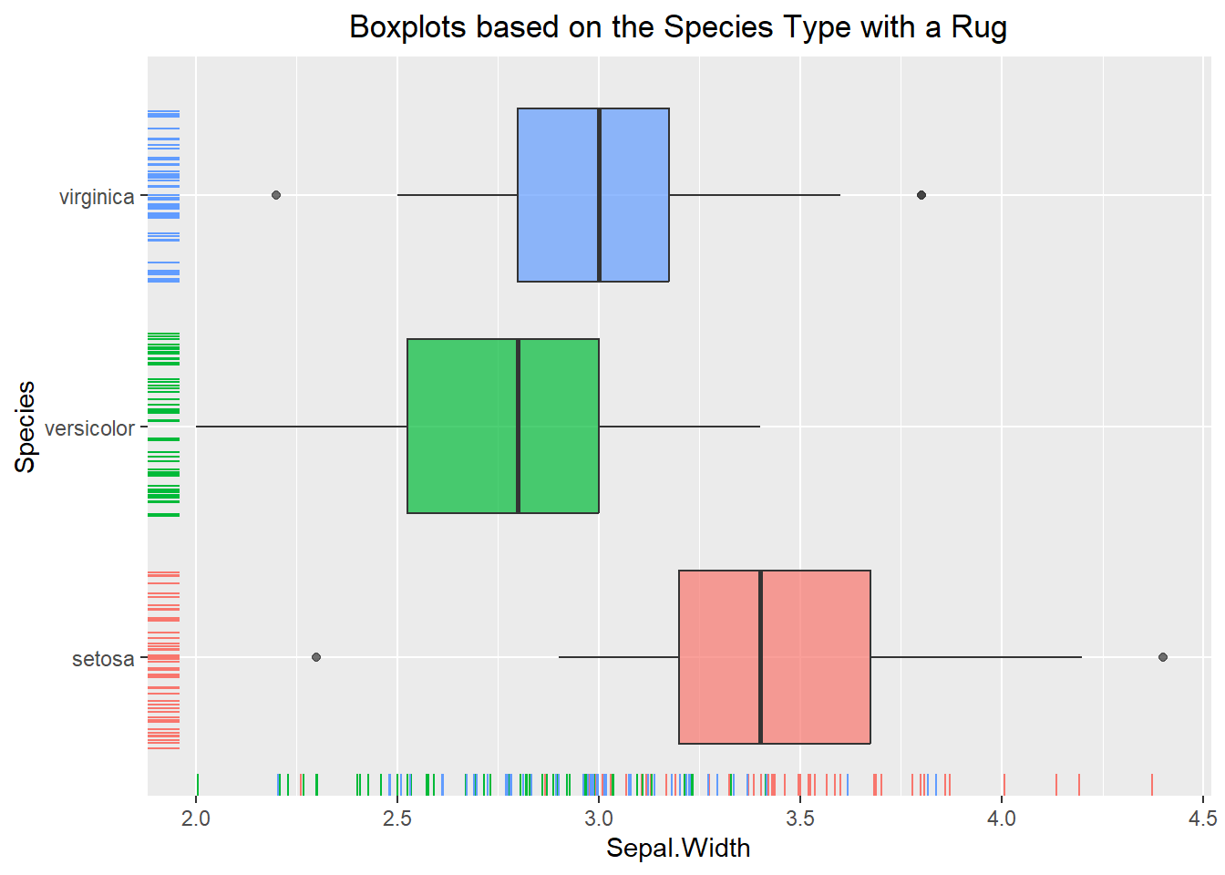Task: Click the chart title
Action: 678,27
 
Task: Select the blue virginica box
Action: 593,195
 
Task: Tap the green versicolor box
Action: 503,426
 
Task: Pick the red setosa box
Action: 775,657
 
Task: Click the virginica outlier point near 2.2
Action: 276,195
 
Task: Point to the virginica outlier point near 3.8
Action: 921,195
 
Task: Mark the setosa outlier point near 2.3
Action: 316,657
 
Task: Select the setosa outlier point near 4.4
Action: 1163,657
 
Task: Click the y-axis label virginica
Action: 97,197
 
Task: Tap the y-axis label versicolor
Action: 89,428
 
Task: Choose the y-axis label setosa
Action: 103,659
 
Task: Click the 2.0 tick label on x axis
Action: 196,818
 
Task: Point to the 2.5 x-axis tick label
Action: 397,818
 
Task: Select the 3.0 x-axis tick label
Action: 599,818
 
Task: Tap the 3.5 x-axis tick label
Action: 800,818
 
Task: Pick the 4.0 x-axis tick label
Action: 1002,818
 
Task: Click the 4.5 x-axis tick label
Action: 1203,818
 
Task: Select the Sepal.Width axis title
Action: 678,848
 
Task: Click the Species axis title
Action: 26,427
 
